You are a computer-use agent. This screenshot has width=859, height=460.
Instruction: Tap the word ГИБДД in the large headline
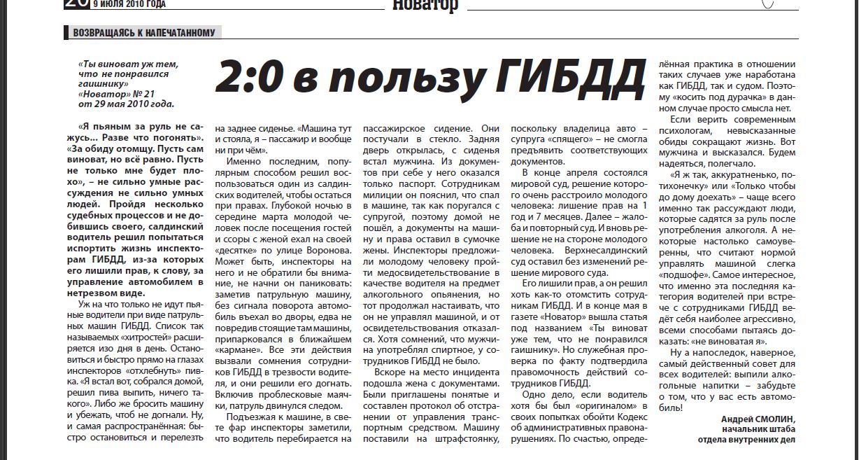coord(569,77)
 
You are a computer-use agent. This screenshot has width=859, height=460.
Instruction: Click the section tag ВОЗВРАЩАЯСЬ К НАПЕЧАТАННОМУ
coord(143,32)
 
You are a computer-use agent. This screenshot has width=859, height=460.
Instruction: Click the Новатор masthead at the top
coord(425,6)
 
